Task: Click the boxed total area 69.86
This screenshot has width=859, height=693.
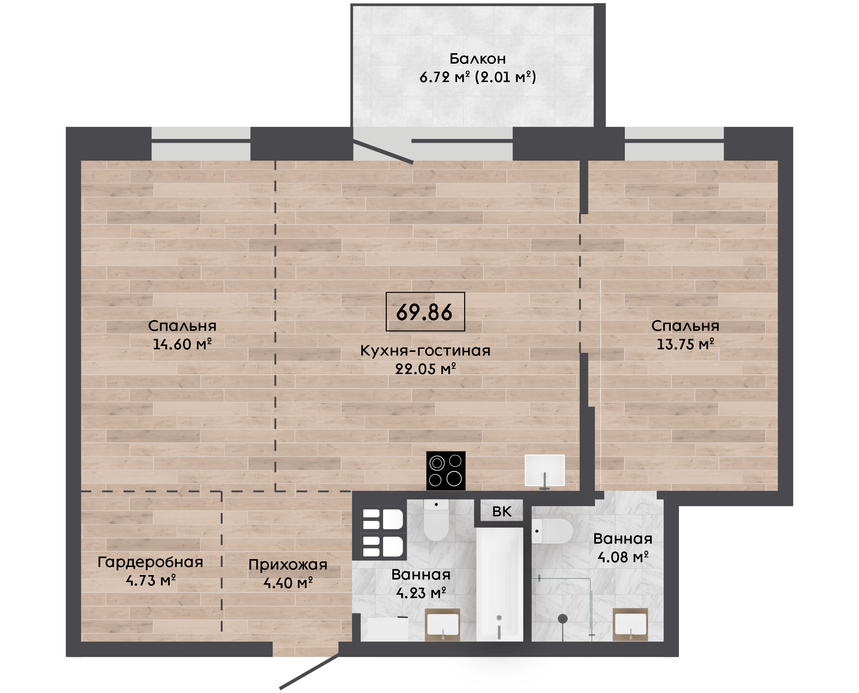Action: (425, 312)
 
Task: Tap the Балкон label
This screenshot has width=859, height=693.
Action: (478, 59)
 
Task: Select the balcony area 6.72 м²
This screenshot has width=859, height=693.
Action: (444, 77)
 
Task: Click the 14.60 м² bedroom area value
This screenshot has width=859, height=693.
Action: (182, 344)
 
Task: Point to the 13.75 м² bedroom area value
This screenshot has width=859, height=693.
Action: (685, 344)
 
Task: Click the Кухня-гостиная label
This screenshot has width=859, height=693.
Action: (425, 350)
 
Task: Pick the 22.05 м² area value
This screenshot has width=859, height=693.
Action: (425, 369)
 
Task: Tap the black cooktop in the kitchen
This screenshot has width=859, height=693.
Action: (446, 471)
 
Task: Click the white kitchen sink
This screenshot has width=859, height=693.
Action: (545, 470)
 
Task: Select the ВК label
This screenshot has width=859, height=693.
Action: (501, 512)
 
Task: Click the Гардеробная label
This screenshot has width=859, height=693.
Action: (151, 562)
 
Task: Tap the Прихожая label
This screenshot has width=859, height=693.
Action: (288, 565)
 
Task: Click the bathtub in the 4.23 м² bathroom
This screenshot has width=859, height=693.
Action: (499, 584)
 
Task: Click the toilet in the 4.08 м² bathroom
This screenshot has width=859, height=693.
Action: (552, 531)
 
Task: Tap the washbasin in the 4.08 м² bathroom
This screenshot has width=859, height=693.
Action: (630, 624)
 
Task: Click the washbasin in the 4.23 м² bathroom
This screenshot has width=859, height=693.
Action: (443, 625)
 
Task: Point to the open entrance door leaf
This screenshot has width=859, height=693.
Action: (309, 672)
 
